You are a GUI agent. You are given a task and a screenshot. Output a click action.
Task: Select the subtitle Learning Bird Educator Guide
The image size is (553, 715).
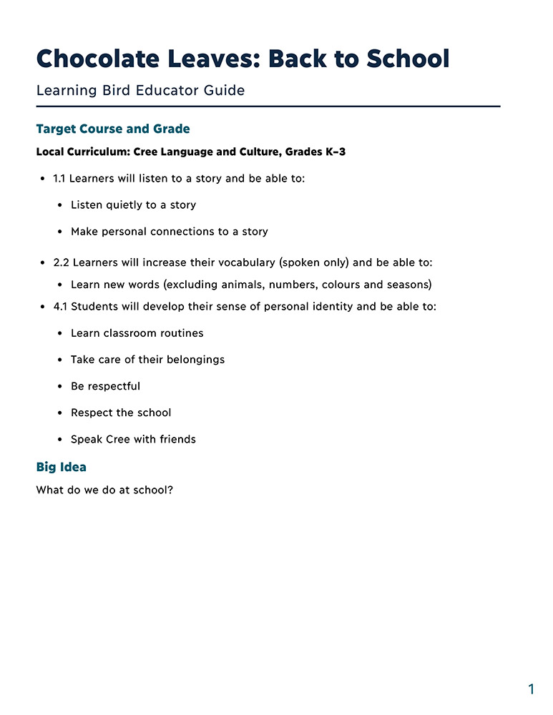[x=140, y=91]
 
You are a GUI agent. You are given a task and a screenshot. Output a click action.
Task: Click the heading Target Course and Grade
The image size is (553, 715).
[x=113, y=129]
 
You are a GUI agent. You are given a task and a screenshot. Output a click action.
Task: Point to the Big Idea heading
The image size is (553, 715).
[x=61, y=468]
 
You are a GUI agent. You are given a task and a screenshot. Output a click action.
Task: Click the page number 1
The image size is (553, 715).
[x=531, y=689]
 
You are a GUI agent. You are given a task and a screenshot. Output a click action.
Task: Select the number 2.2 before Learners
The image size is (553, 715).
[x=62, y=262]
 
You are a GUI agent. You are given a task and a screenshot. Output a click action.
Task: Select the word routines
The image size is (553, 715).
[x=178, y=333]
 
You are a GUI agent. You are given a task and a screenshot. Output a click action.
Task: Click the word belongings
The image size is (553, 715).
[x=195, y=360]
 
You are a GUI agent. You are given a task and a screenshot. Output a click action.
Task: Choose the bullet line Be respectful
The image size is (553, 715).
[x=105, y=386]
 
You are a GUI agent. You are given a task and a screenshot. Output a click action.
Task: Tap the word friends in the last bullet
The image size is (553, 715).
[x=177, y=439]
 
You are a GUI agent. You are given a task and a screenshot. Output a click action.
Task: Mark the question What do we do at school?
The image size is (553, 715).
[x=104, y=491]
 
